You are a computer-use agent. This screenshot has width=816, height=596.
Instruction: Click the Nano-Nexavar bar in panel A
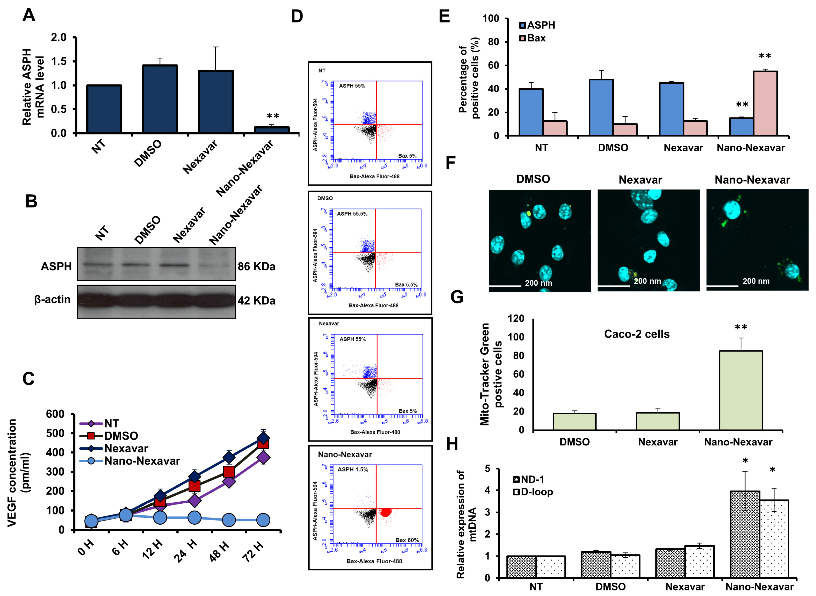click(271, 130)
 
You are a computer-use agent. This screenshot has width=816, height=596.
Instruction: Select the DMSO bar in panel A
click(160, 99)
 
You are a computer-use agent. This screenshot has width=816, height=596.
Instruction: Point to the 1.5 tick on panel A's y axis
click(59, 61)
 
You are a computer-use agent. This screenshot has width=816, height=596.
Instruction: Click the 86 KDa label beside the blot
click(256, 267)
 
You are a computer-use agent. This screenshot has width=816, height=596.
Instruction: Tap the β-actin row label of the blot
click(52, 299)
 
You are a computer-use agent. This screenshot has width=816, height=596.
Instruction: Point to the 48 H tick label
click(219, 551)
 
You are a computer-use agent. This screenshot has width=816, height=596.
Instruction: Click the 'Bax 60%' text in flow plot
click(407, 540)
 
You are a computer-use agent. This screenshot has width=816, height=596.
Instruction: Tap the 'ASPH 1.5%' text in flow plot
click(352, 469)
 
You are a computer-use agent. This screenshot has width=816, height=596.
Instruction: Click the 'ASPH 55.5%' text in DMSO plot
click(352, 214)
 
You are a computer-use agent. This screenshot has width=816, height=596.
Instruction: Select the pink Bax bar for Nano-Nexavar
click(765, 104)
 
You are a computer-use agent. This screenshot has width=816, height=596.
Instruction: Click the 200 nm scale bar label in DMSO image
click(538, 283)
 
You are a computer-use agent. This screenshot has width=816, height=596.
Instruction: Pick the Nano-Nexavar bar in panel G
click(741, 390)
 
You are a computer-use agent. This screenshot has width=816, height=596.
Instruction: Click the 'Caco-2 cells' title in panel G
click(637, 334)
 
